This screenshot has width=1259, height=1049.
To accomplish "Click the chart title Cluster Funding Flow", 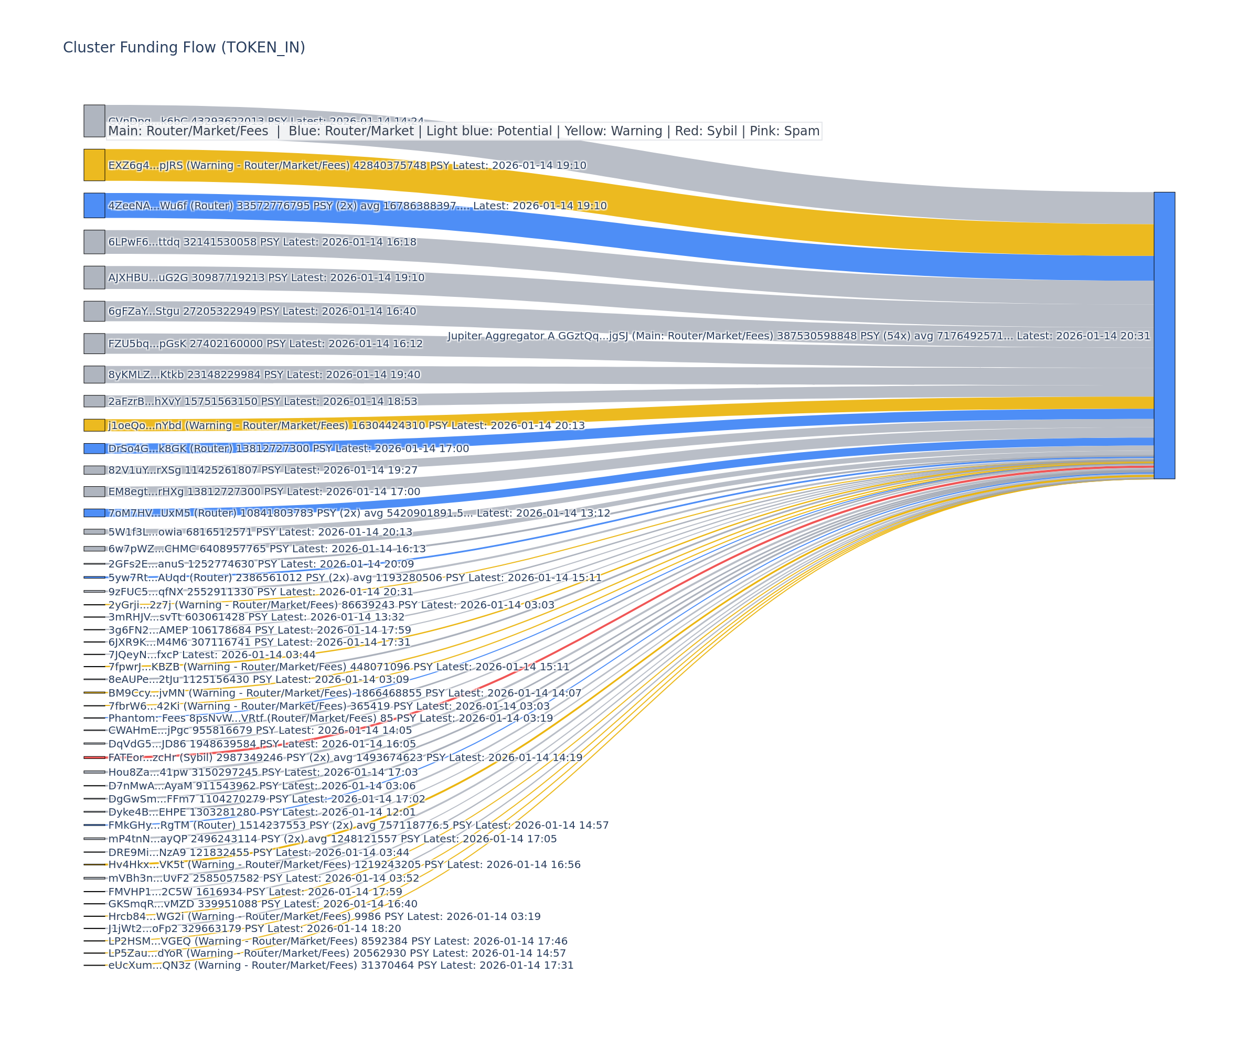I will click(x=184, y=47).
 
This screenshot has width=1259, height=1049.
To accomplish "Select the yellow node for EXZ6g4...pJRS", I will click(x=94, y=165).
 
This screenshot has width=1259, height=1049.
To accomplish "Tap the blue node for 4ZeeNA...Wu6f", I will click(x=94, y=206).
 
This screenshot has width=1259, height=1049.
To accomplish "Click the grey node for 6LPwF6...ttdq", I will click(x=94, y=242).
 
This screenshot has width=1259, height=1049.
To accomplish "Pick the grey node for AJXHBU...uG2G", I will click(x=94, y=277).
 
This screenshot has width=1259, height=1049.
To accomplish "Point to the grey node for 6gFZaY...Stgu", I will click(x=94, y=311).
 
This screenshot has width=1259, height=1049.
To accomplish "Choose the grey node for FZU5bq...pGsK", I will click(x=94, y=344).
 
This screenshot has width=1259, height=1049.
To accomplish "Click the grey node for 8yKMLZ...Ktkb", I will click(x=94, y=374).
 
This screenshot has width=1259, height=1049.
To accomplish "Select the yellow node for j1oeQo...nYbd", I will click(x=94, y=425).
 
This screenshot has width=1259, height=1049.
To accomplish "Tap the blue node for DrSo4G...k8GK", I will click(x=94, y=448).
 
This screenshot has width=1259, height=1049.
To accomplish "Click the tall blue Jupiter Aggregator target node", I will click(x=1164, y=335).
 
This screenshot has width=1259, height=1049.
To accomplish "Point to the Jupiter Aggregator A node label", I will click(x=798, y=336).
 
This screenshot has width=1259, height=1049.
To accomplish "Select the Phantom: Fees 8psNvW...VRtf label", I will click(x=330, y=718).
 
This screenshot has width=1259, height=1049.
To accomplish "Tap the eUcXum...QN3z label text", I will click(x=340, y=965).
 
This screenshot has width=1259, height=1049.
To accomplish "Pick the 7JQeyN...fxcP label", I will click(x=211, y=655).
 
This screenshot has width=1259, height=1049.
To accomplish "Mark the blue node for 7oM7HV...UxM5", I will click(x=94, y=513).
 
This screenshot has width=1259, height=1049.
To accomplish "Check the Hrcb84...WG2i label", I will click(x=324, y=916).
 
